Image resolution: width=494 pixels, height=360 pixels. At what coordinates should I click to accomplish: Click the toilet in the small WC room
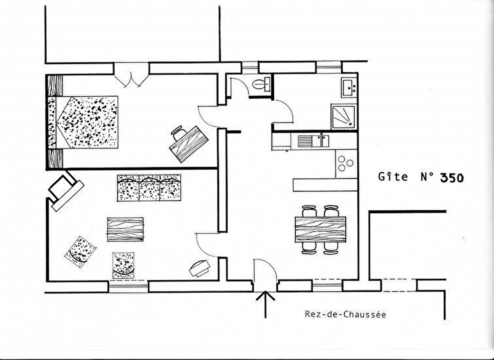pyautogui.click(x=262, y=84)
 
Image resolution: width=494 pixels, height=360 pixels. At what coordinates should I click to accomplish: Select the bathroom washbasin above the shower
pyautogui.click(x=349, y=87)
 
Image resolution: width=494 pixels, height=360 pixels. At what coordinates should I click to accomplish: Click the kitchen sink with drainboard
pyautogui.click(x=313, y=141)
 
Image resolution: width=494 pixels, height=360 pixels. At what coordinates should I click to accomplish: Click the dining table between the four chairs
pyautogui.click(x=320, y=229)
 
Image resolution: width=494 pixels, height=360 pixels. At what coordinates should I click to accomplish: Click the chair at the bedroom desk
pyautogui.click(x=179, y=133)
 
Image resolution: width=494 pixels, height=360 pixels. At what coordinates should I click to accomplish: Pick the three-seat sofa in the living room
pyautogui.click(x=149, y=188)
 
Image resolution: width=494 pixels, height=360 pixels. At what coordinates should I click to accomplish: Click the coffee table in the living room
pyautogui.click(x=125, y=229)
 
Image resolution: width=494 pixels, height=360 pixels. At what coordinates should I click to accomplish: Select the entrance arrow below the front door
pyautogui.click(x=265, y=304)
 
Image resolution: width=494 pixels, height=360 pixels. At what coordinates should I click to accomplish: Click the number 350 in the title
pyautogui.click(x=452, y=178)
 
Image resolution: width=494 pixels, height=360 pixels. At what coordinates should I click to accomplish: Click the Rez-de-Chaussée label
pyautogui.click(x=345, y=314)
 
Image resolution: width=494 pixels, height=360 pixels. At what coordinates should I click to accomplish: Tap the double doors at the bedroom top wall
pyautogui.click(x=131, y=75)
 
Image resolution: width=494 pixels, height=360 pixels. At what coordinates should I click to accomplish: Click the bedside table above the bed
pyautogui.click(x=55, y=86)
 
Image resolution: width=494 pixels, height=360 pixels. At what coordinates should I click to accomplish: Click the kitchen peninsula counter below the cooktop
pyautogui.click(x=325, y=185)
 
